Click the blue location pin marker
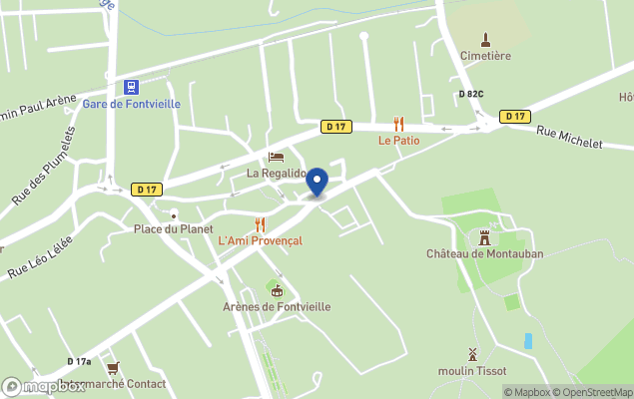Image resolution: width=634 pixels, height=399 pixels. point(317,182)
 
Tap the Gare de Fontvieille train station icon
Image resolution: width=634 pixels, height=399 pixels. point(131,87)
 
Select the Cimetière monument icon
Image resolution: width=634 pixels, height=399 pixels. point(486,40)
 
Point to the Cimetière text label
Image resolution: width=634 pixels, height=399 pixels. point(485,56)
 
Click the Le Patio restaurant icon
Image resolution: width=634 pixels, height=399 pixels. point(398,125)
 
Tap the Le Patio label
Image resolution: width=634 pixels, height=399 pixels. point(398,141)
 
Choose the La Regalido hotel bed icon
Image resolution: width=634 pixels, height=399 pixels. point(277,158)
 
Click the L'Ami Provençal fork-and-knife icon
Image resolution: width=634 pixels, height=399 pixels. point(260,224)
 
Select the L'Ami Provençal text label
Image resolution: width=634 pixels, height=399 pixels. point(260,240)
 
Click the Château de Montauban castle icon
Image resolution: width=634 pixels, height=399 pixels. point(484,237)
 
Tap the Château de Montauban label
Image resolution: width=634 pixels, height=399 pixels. point(484,253)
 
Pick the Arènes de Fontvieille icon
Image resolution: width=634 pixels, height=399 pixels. point(277,290)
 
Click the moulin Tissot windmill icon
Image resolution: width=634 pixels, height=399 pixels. point(472,354)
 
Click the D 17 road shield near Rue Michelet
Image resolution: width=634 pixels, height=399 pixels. point(515,117)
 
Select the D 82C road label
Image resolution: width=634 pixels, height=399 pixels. point(471,95)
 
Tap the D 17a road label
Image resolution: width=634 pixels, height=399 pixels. point(79,361)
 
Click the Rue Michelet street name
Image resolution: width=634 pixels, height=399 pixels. point(569,138)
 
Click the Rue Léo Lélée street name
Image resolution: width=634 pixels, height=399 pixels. point(41,256)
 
